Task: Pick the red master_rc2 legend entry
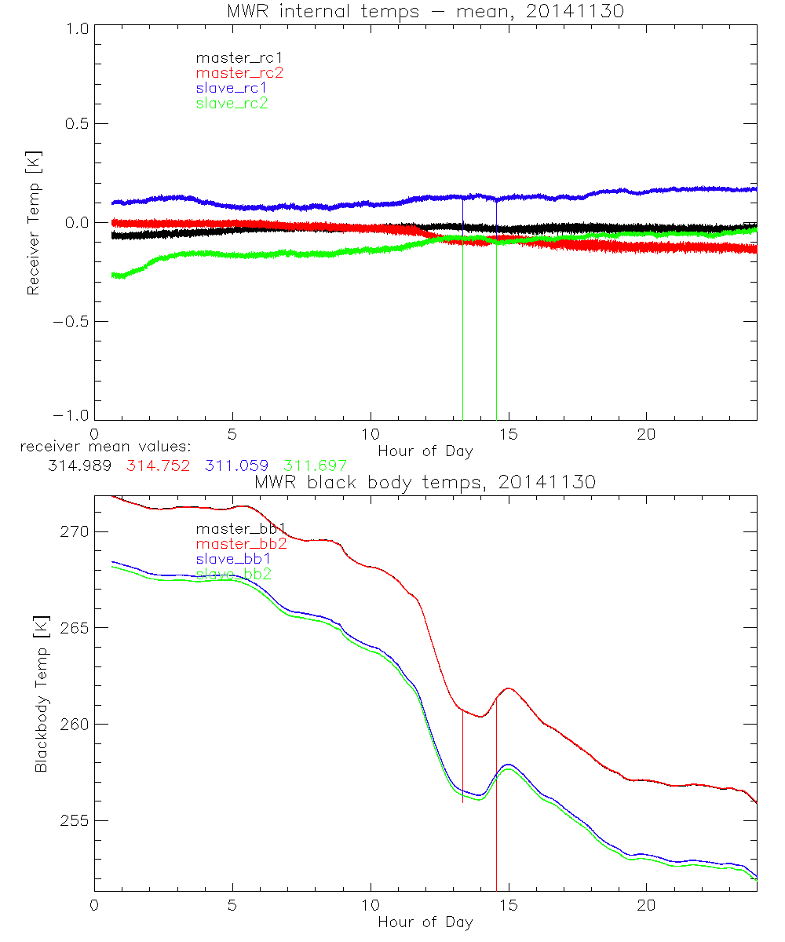coord(239,72)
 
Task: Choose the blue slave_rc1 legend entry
coord(232,88)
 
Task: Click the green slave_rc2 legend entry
coord(232,103)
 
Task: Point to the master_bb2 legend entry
coord(241,544)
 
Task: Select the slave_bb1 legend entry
coord(233,559)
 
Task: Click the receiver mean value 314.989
coord(78,466)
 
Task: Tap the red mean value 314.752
coord(158,466)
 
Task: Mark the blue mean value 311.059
coord(238,466)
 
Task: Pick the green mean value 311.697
coord(315,466)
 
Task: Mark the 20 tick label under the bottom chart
coord(646,905)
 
